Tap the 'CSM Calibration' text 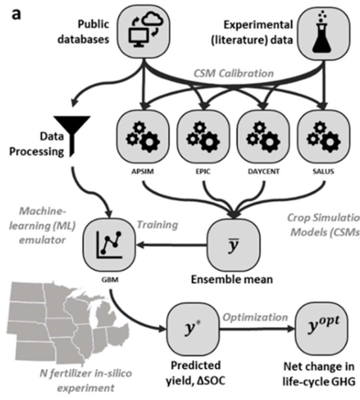(233, 73)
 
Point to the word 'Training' (157, 224)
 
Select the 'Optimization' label (255, 317)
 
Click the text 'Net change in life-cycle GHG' (319, 374)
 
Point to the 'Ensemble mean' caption (232, 279)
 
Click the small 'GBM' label (111, 280)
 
